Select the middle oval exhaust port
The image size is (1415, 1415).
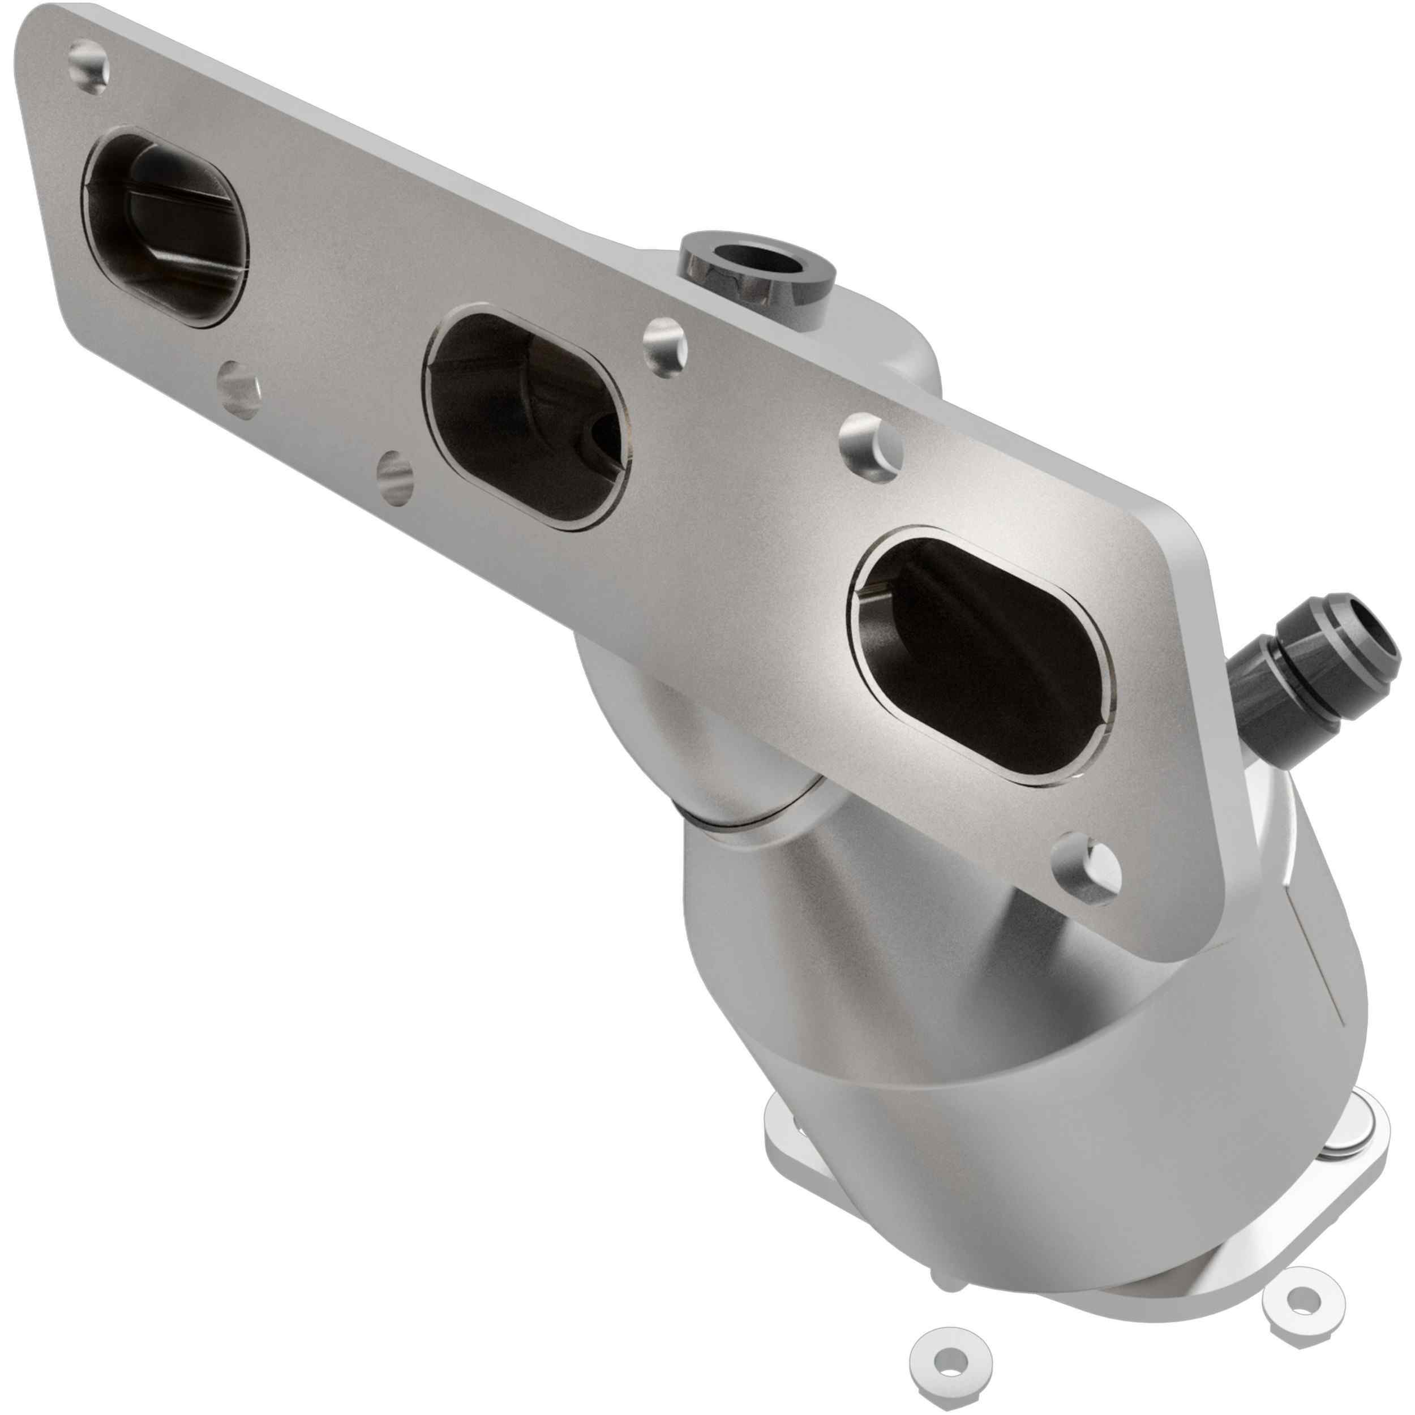pos(526,421)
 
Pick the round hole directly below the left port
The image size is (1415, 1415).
pos(239,388)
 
